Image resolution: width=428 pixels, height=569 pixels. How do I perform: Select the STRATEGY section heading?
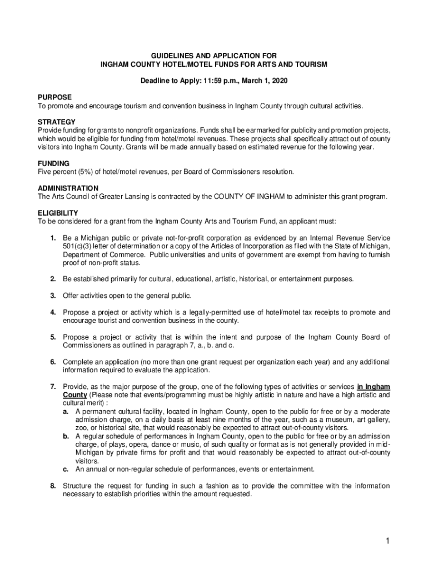click(x=56, y=122)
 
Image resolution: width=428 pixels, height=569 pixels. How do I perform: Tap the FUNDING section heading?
click(x=53, y=164)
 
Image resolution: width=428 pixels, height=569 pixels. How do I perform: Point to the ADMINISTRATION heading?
click(x=68, y=188)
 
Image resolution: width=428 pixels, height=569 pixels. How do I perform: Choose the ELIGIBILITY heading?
click(x=58, y=213)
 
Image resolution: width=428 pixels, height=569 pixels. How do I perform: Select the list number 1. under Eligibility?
click(x=53, y=238)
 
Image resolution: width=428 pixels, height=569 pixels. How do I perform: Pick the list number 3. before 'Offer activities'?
click(x=53, y=295)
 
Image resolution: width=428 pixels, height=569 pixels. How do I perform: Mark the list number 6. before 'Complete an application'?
click(x=53, y=362)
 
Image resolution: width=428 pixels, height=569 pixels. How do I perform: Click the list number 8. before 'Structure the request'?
click(x=53, y=486)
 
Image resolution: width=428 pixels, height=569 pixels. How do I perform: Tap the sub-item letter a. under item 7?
click(x=66, y=411)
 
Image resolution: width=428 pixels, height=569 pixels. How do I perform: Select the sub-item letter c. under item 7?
click(x=66, y=469)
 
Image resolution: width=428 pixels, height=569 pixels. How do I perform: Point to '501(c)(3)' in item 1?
click(x=78, y=246)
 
